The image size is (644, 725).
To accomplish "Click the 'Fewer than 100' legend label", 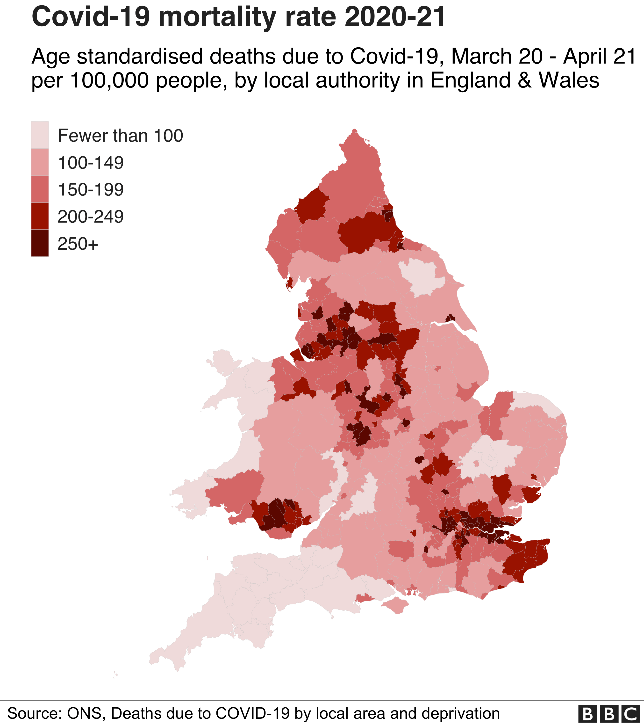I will pyautogui.click(x=120, y=136).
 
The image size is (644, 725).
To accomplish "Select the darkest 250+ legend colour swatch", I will pyautogui.click(x=40, y=243).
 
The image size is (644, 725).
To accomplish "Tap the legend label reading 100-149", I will pyautogui.click(x=91, y=163).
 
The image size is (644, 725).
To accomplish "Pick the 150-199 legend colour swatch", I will pyautogui.click(x=40, y=189).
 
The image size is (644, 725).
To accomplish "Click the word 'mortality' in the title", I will pyautogui.click(x=220, y=17).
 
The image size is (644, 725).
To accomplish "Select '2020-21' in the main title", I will pyautogui.click(x=394, y=17).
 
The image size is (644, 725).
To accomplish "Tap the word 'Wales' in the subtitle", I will pyautogui.click(x=569, y=80).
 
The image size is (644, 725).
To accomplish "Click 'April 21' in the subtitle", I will pyautogui.click(x=600, y=57).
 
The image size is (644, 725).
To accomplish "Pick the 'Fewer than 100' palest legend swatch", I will pyautogui.click(x=40, y=135).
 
